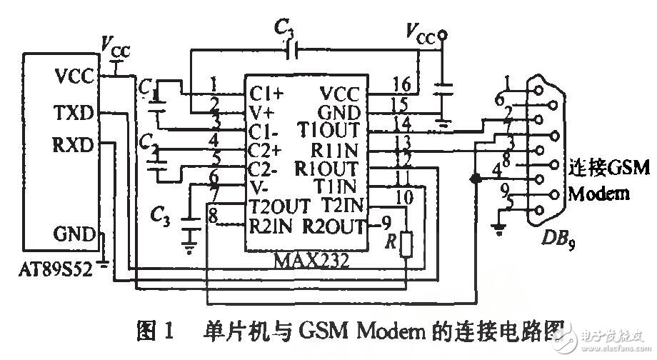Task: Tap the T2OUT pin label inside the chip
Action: [x=279, y=206]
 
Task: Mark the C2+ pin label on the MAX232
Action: [x=266, y=150]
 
